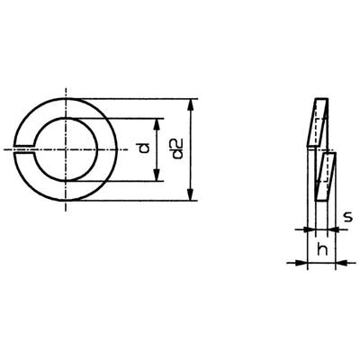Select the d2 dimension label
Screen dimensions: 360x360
[177, 148]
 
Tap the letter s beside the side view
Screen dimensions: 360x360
[347, 216]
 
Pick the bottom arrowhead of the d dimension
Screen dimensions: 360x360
[158, 175]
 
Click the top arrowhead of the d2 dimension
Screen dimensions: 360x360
[191, 101]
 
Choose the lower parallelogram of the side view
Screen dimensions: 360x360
[328, 175]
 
